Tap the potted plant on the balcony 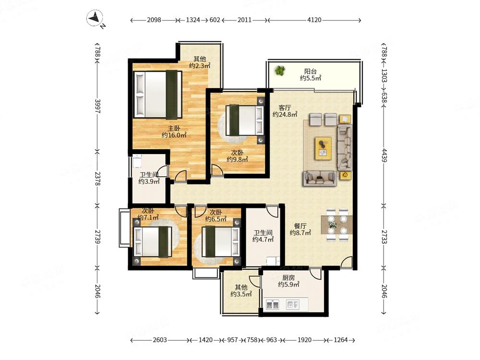(x=279, y=71)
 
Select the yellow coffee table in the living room (x=323, y=148)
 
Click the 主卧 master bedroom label (x=174, y=129)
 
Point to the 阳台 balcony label (x=311, y=72)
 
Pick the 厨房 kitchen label (x=288, y=277)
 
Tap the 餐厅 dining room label (x=300, y=226)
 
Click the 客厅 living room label (x=285, y=108)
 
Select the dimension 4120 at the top (x=314, y=20)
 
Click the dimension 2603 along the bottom (x=160, y=340)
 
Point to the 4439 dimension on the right (x=384, y=155)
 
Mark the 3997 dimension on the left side (x=97, y=106)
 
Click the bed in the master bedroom (x=158, y=95)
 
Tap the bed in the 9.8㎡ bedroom (x=245, y=120)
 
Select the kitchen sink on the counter (x=273, y=305)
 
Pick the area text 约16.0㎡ (x=174, y=135)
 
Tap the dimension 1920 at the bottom (x=304, y=340)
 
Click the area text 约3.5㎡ (x=241, y=294)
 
